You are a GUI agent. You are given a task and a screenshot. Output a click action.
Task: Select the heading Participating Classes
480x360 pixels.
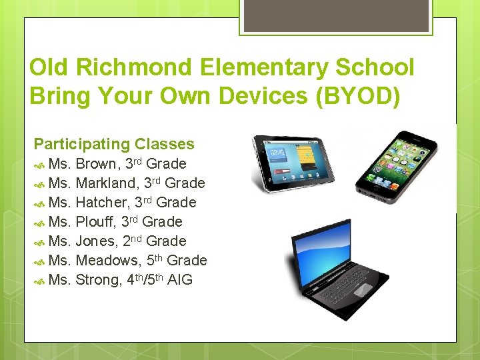point(114,144)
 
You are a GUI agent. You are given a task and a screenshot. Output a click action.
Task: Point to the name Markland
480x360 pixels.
point(108,183)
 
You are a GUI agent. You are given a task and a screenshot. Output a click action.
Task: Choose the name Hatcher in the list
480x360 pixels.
point(103,203)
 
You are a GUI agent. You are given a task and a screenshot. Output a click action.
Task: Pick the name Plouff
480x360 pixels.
point(96,222)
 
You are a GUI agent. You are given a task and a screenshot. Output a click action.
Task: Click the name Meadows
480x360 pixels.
point(109,261)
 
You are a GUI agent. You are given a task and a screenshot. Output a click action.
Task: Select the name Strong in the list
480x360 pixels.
point(99,280)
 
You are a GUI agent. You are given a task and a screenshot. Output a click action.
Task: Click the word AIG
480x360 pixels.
point(180,280)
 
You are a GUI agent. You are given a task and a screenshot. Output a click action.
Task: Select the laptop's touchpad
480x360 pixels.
point(363,291)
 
